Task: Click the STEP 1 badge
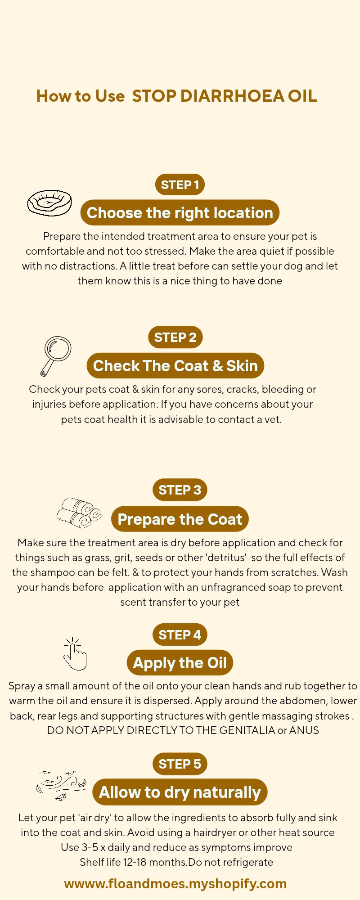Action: pos(180,184)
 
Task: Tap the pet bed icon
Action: pos(49,202)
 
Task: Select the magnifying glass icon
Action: pos(56,355)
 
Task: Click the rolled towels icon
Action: pos(79,513)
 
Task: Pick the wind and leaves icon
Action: pos(61,785)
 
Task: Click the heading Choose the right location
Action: pos(180,213)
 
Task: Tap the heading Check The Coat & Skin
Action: pos(175,366)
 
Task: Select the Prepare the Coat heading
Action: pos(180,519)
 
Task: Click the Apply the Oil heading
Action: pos(180,663)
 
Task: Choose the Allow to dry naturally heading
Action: pos(180,792)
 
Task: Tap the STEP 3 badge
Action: pos(180,490)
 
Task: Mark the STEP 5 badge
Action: pos(180,764)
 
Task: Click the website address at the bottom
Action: pos(175,883)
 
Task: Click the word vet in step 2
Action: pos(272,419)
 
